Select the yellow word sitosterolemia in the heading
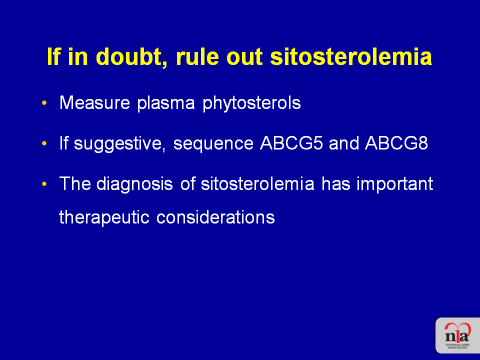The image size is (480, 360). tap(351, 56)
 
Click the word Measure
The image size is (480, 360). tap(94, 102)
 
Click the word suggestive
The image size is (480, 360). tap(119, 144)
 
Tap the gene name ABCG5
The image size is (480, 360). tap(291, 143)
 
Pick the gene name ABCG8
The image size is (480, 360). tap(396, 143)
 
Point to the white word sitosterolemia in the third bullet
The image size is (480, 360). tap(257, 183)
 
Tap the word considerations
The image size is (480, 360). tap(215, 217)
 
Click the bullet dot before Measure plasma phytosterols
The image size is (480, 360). tap(44, 103)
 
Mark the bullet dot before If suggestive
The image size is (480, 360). tap(44, 143)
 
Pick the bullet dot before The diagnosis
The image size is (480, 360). tap(44, 183)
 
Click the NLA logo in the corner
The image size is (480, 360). tap(457, 335)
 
